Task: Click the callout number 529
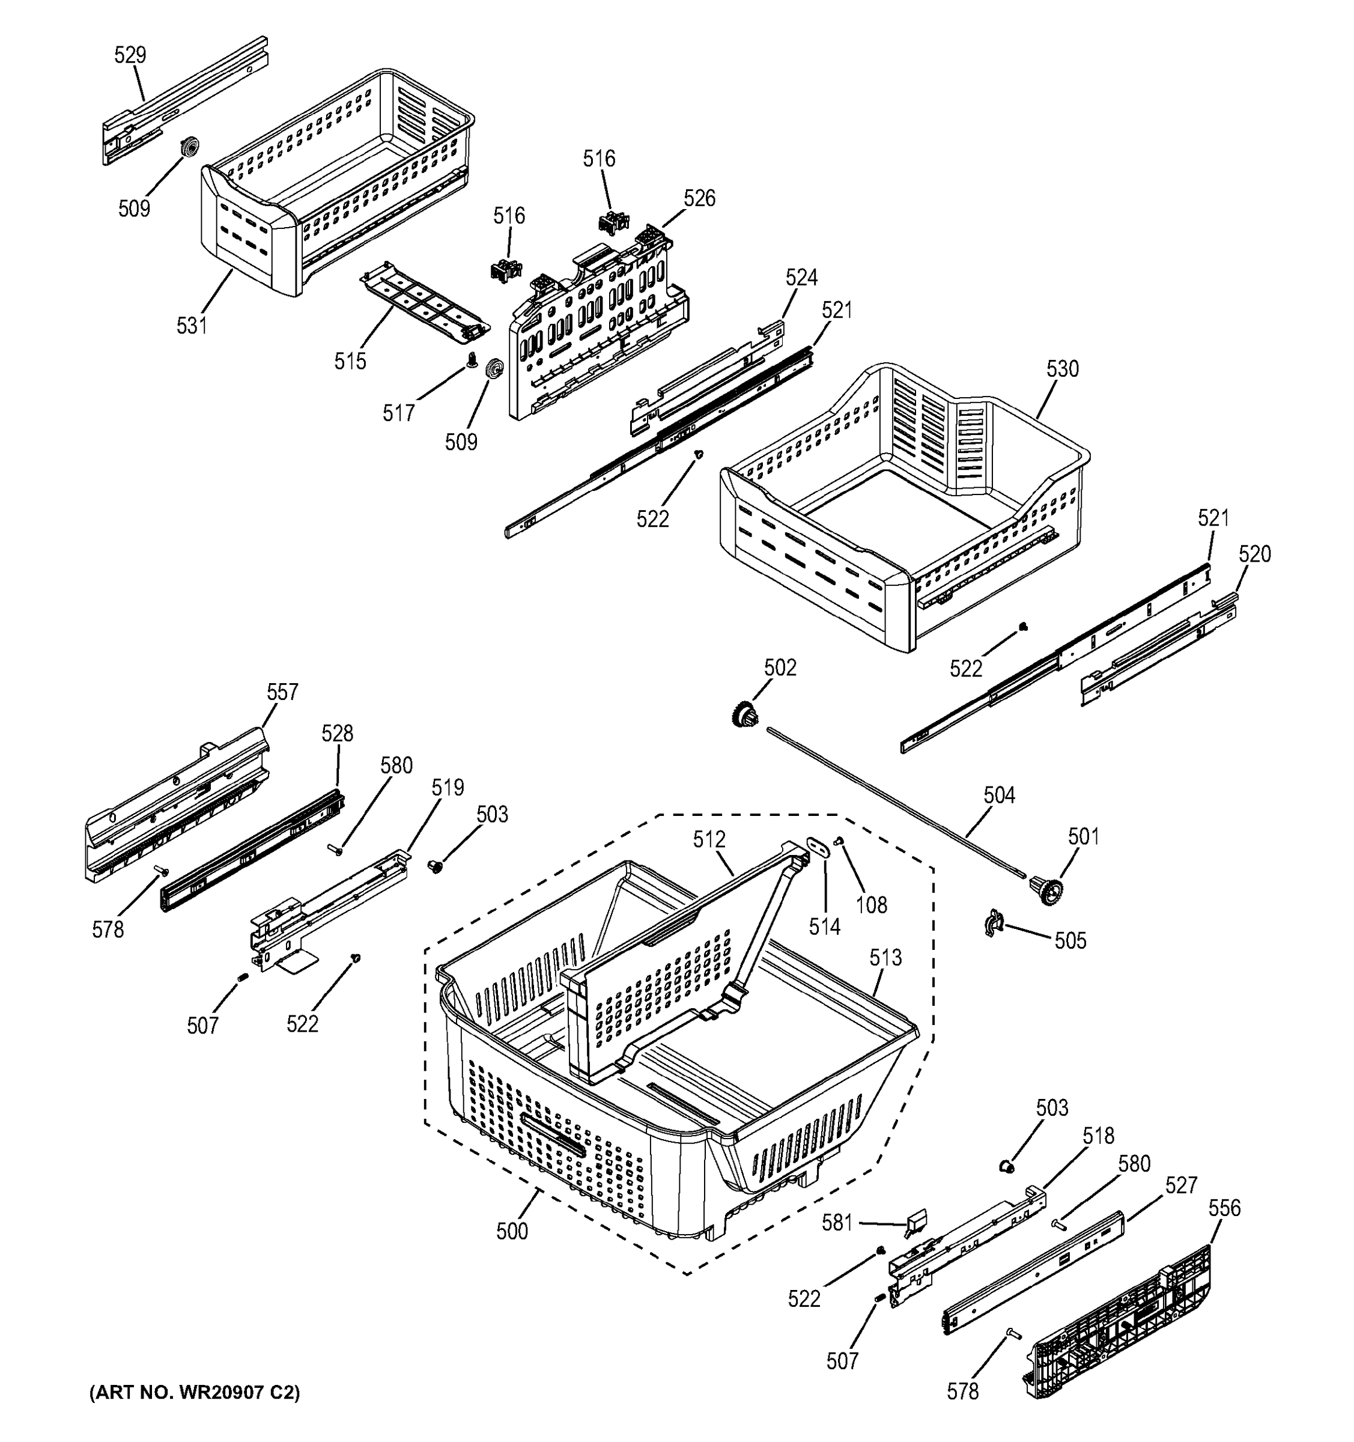pyautogui.click(x=130, y=55)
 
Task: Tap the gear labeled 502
pyautogui.click(x=745, y=714)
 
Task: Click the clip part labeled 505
pyautogui.click(x=993, y=925)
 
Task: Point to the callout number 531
pyautogui.click(x=192, y=326)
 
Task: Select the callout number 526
pyautogui.click(x=699, y=199)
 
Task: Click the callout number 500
pyautogui.click(x=512, y=1231)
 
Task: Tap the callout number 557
pyautogui.click(x=282, y=692)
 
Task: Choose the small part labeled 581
pyautogui.click(x=912, y=1226)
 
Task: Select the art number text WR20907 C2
pyautogui.click(x=195, y=1392)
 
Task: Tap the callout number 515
pyautogui.click(x=350, y=361)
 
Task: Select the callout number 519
pyautogui.click(x=448, y=788)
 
